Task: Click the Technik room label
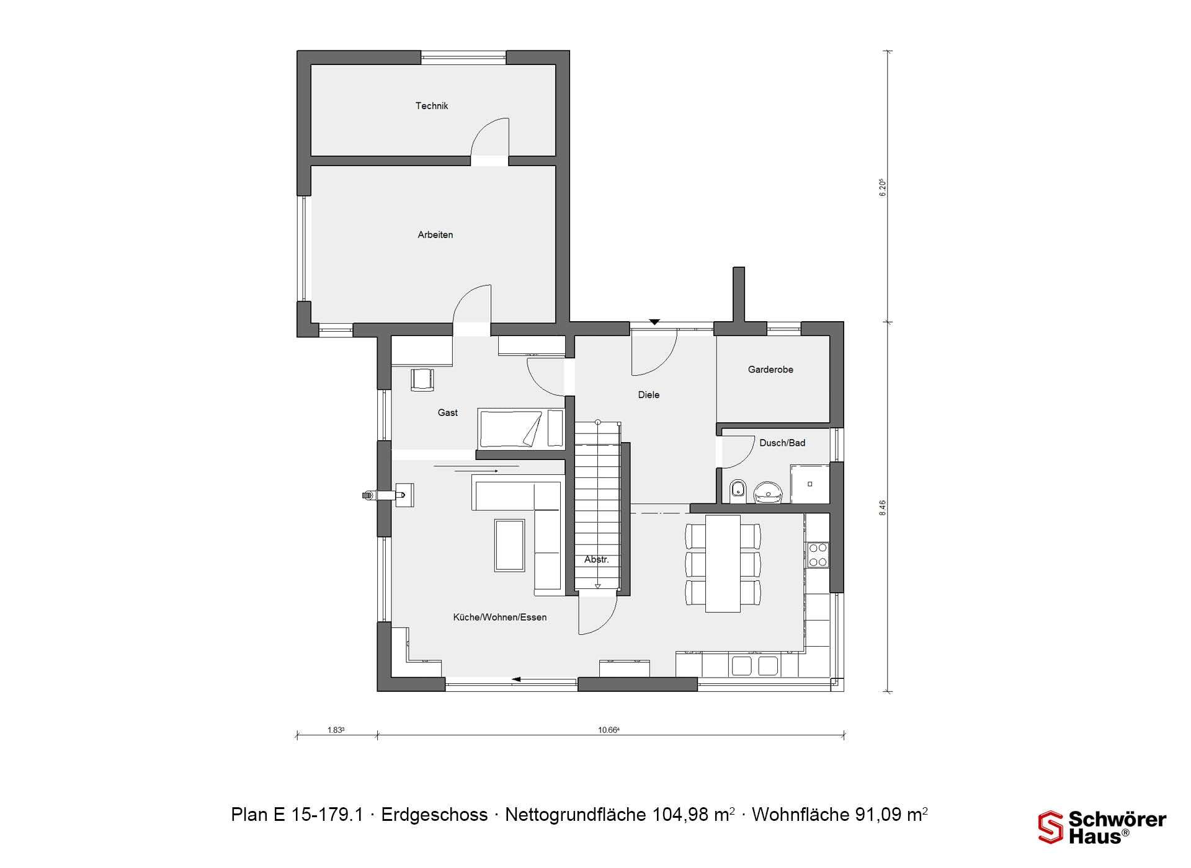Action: [432, 106]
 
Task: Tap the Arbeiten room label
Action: [435, 235]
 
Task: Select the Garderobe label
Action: [770, 370]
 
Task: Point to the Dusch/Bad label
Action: [782, 443]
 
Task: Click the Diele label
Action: [649, 395]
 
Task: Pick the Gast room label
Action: [448, 413]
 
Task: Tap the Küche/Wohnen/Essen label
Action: [500, 618]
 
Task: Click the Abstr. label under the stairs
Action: [597, 560]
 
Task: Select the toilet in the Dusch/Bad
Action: [738, 490]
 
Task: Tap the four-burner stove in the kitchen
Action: [818, 555]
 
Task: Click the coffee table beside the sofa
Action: [509, 545]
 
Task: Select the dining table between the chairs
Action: [723, 564]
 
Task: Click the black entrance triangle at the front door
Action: [654, 322]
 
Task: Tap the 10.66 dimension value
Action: [609, 730]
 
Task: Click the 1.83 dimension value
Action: [336, 730]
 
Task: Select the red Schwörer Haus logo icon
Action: [1051, 828]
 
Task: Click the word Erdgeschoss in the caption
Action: [434, 814]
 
